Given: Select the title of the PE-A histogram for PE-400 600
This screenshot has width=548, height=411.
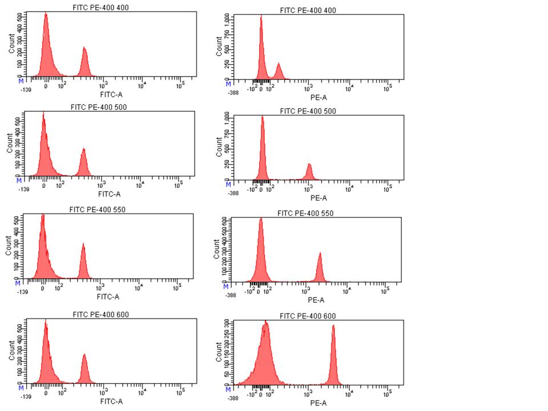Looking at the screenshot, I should coord(307,316).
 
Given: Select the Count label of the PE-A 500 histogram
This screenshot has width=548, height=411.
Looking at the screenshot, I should coord(219,147).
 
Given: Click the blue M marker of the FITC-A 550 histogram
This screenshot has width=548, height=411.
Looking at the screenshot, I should coord(17,284).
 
